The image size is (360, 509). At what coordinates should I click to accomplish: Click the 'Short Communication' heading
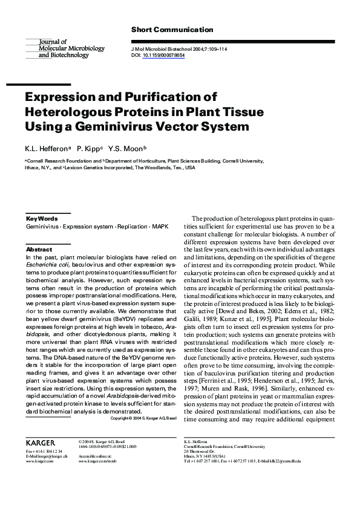click(x=172, y=30)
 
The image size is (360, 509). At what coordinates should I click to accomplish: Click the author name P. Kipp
click(x=88, y=149)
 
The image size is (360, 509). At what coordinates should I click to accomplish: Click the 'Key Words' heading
click(x=42, y=218)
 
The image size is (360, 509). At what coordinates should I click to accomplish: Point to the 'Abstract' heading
click(x=39, y=249)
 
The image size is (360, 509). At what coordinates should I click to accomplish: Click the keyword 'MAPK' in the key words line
click(x=160, y=226)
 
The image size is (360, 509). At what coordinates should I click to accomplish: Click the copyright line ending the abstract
click(x=143, y=418)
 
